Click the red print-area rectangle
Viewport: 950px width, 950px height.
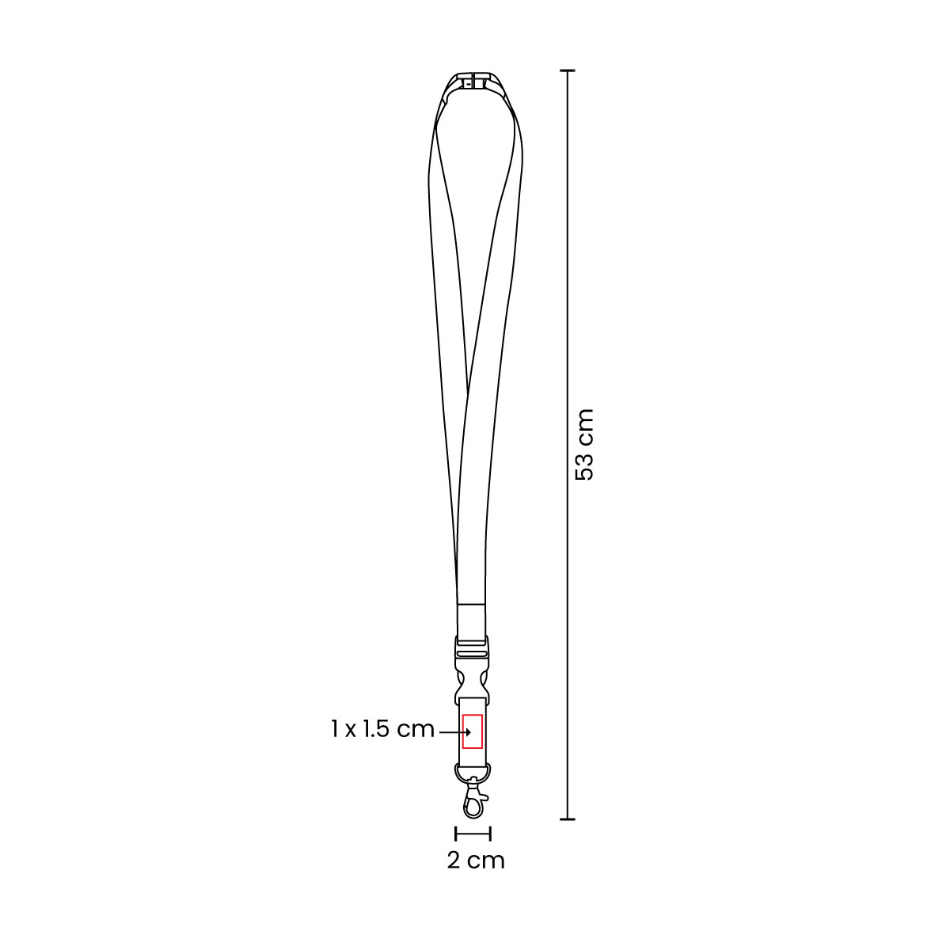(473, 730)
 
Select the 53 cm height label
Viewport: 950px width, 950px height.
(584, 445)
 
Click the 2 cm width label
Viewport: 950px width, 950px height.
(475, 860)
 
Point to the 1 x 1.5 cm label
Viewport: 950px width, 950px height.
(383, 729)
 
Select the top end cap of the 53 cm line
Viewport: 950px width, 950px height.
(567, 71)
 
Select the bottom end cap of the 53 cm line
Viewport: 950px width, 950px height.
(567, 819)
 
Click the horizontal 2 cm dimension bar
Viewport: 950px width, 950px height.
(473, 833)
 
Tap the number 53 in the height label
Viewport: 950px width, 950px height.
(584, 467)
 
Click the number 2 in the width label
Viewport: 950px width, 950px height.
(454, 860)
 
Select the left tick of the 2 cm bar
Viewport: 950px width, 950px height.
(456, 833)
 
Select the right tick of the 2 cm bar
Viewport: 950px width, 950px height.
(491, 833)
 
